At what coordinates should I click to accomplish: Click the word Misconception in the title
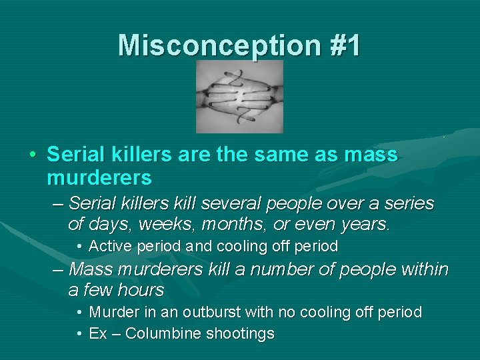click(209, 46)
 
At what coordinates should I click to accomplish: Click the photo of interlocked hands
click(239, 97)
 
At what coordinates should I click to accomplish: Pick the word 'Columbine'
click(163, 333)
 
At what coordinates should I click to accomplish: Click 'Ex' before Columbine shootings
click(98, 333)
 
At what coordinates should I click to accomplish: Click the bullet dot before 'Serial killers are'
click(32, 156)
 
